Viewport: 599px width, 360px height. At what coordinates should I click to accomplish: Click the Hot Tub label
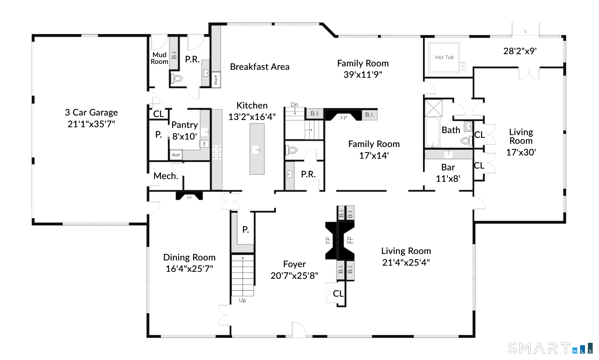(444, 57)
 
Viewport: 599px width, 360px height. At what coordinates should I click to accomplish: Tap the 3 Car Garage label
(91, 112)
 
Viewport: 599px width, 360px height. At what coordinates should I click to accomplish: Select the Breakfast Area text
(260, 67)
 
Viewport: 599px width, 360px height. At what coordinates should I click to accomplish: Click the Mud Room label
(160, 58)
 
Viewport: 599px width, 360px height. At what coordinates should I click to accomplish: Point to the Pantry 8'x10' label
(185, 131)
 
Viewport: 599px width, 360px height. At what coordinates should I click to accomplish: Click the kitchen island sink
(257, 150)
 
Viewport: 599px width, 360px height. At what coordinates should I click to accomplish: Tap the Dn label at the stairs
(294, 105)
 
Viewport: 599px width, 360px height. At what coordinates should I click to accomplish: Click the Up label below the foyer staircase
(243, 300)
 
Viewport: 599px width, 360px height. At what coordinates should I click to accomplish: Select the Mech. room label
(166, 176)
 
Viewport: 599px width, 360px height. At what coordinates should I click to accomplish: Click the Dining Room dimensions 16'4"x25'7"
(189, 269)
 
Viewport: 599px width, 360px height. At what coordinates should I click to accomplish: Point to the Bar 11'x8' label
(448, 173)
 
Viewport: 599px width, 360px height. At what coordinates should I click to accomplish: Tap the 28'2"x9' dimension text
(520, 51)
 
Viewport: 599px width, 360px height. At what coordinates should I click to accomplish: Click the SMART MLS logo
(550, 348)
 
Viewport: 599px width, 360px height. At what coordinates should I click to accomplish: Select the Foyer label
(294, 264)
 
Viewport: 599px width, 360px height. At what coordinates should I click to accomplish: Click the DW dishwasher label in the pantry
(204, 144)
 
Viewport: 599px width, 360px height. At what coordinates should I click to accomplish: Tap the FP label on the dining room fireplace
(189, 198)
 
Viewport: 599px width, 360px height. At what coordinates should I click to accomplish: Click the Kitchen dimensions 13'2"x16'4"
(252, 117)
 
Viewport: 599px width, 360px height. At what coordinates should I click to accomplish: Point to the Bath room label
(451, 130)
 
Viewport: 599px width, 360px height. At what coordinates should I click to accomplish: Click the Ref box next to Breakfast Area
(216, 80)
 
